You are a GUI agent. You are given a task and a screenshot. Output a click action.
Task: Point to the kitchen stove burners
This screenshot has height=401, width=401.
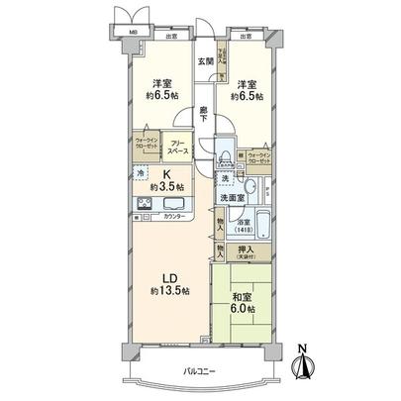[144, 206]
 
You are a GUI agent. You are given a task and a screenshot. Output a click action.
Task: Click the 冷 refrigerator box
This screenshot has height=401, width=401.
[140, 172]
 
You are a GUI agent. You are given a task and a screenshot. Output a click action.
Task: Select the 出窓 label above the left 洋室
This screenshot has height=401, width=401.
[171, 37]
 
